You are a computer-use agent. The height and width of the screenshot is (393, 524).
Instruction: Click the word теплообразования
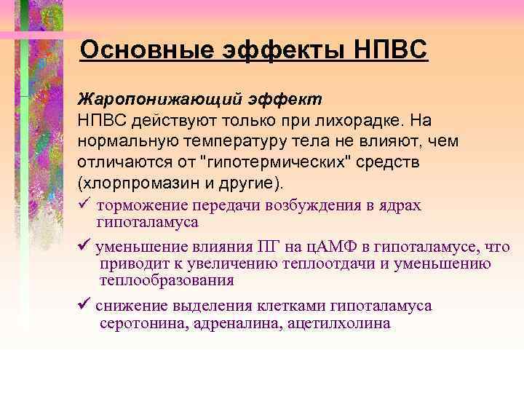[167, 280]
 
